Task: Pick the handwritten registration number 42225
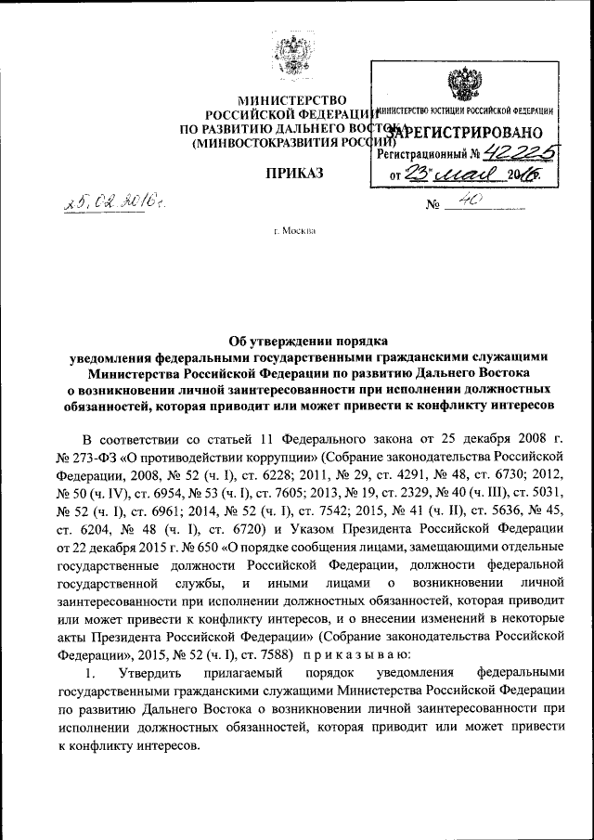[x=523, y=151]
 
